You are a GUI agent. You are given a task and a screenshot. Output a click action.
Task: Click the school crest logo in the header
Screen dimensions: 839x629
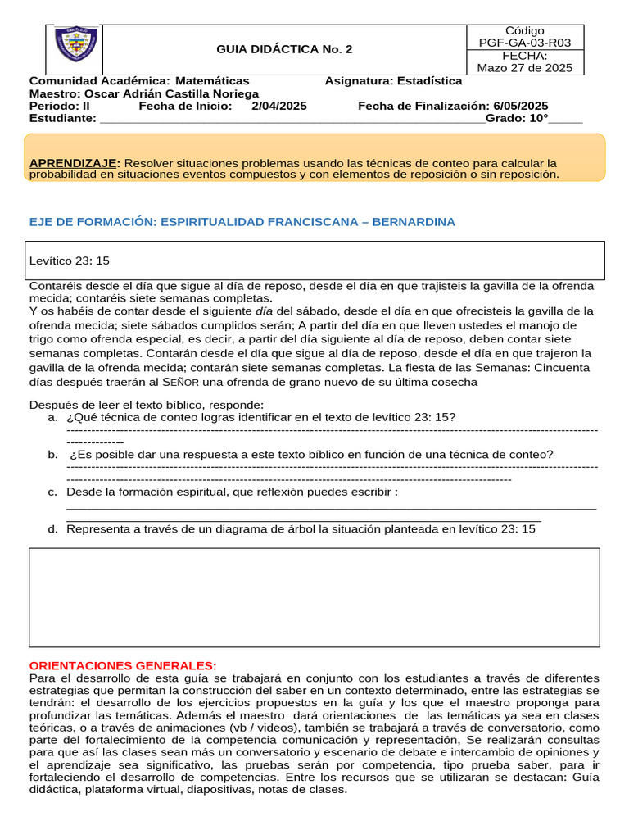point(76,46)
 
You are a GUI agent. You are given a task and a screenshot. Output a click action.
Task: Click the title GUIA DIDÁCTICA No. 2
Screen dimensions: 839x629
point(284,49)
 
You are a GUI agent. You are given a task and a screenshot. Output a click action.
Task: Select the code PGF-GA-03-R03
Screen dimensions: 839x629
point(525,43)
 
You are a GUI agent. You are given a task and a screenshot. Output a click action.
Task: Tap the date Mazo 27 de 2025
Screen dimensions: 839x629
point(525,67)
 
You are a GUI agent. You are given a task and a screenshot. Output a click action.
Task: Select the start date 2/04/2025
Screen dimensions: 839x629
point(279,106)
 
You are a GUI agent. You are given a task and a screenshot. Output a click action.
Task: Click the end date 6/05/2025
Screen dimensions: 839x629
point(521,106)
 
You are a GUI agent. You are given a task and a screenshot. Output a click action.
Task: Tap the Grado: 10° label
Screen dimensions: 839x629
point(517,118)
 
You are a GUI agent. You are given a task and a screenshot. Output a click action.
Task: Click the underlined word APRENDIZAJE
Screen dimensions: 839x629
point(75,163)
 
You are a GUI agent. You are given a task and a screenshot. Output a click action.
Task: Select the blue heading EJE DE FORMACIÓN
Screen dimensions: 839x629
point(242,222)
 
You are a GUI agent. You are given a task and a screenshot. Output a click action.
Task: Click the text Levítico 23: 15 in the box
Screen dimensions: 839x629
point(70,261)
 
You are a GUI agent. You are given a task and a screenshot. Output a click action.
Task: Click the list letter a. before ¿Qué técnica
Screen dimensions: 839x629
point(53,417)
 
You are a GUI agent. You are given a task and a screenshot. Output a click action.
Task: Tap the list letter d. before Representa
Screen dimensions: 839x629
point(53,529)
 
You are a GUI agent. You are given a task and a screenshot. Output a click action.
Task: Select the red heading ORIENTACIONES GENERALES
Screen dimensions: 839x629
point(123,665)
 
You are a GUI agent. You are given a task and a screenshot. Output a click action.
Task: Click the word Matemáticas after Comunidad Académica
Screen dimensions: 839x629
point(212,81)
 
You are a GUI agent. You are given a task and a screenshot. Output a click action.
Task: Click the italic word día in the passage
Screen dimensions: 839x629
point(264,311)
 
